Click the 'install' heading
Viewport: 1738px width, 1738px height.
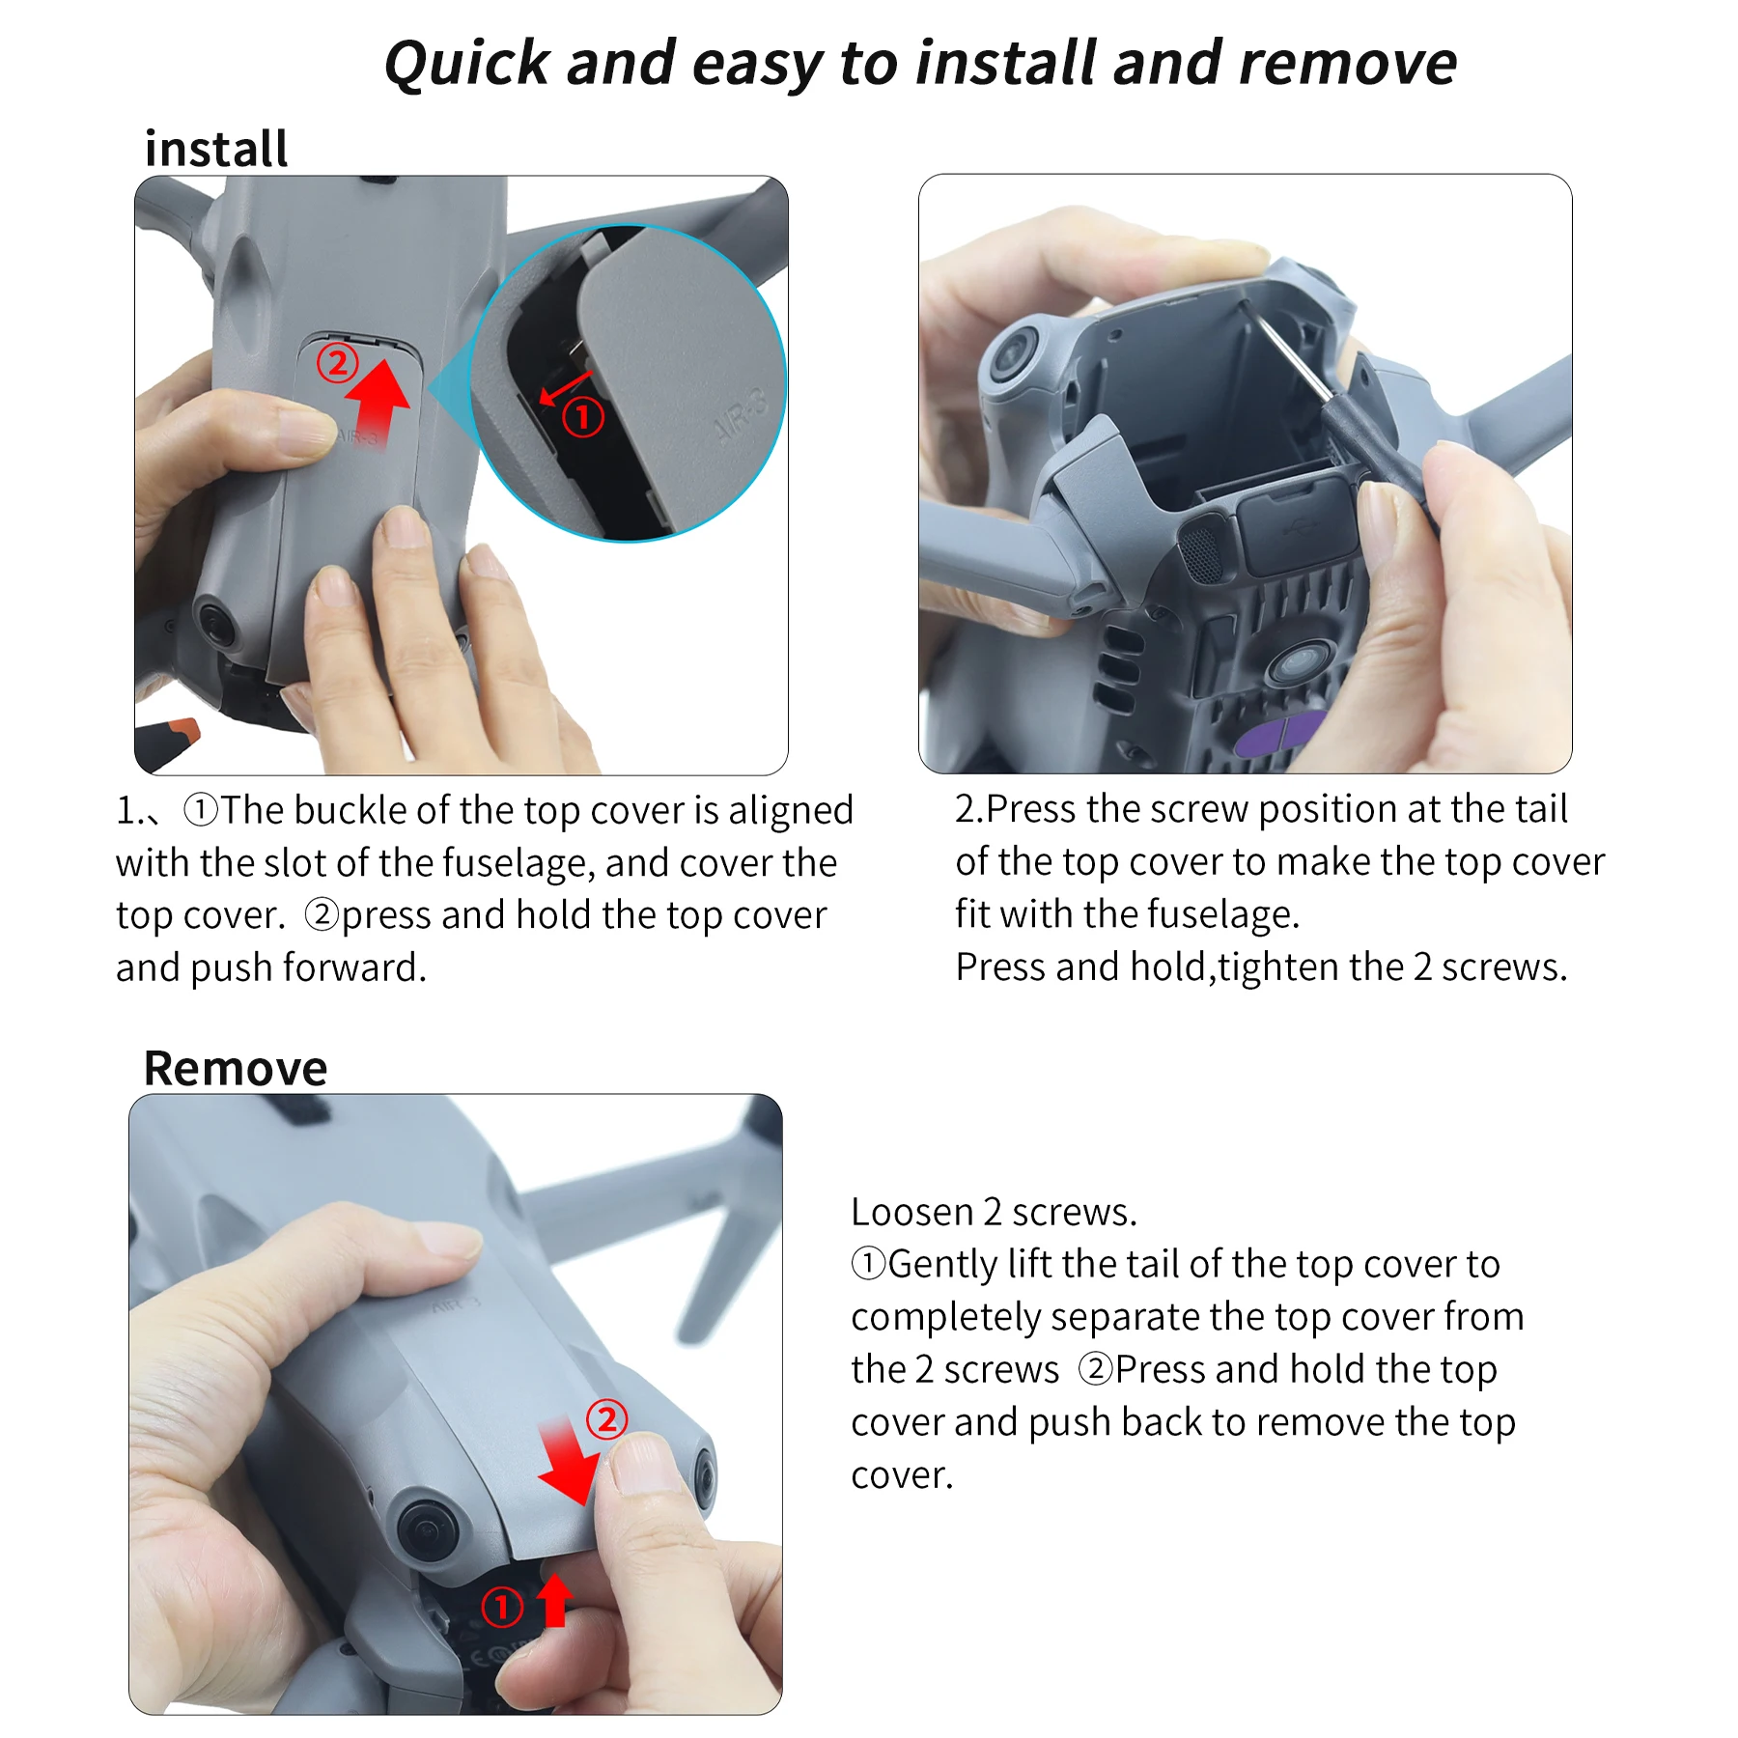pos(216,149)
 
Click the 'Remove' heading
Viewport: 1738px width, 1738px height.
pos(236,1068)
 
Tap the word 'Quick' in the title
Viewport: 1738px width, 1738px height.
pos(467,64)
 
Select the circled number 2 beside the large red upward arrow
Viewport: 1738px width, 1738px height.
pos(338,363)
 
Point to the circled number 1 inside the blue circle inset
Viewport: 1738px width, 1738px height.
pos(583,417)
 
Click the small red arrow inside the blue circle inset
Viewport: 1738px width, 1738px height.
pos(565,388)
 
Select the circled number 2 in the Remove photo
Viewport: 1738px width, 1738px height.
pos(607,1419)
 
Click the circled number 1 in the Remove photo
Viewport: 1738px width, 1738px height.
pos(502,1607)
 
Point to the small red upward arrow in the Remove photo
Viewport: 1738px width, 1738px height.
pos(554,1600)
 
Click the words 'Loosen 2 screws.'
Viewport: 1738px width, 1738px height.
pos(994,1212)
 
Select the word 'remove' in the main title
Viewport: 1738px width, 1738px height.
pos(1348,64)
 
